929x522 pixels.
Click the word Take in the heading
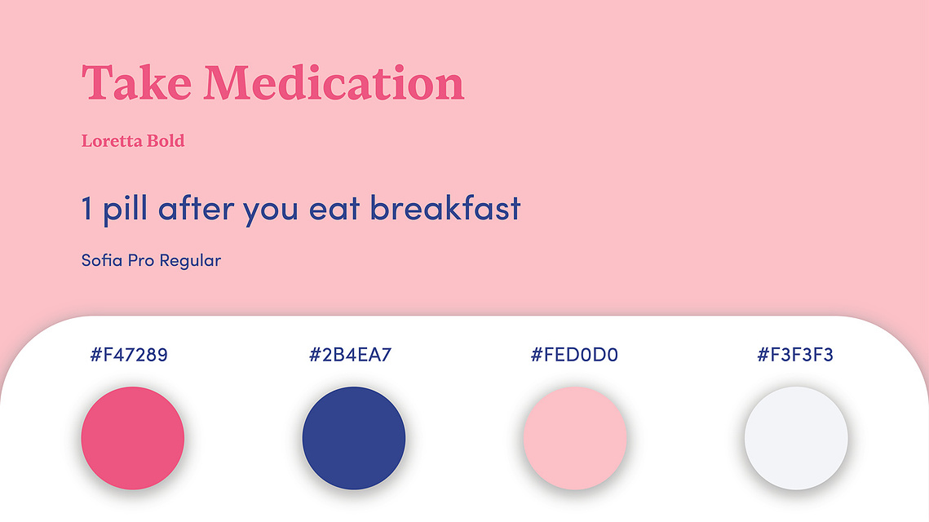click(x=137, y=83)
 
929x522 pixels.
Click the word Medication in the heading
click(x=334, y=83)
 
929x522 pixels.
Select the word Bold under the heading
click(x=166, y=141)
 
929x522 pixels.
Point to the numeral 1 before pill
click(x=87, y=209)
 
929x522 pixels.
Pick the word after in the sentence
click(x=195, y=208)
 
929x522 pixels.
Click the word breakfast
click(x=445, y=208)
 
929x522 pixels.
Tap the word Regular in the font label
click(x=190, y=261)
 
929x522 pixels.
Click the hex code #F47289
click(x=129, y=354)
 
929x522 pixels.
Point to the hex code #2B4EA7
click(x=350, y=354)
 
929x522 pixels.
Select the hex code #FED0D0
click(x=574, y=354)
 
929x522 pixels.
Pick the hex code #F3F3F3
click(x=795, y=354)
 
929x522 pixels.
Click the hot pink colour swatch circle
click(x=133, y=439)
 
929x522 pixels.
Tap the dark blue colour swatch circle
click(x=354, y=439)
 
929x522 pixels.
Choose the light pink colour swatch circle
click(x=575, y=439)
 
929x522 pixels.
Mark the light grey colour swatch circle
click(x=796, y=439)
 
